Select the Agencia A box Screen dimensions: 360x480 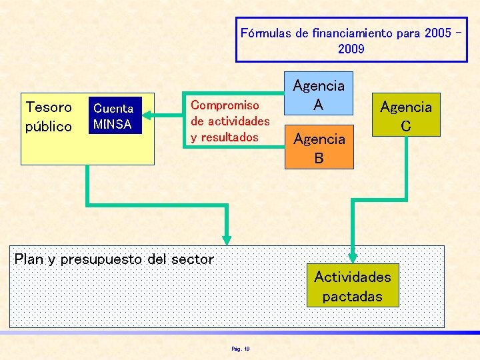point(319,94)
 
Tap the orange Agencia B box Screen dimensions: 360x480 point(319,147)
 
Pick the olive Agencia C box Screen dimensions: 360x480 point(405,115)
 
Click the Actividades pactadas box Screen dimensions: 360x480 point(352,286)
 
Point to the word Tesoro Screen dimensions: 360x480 point(49,107)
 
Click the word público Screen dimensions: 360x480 point(49,126)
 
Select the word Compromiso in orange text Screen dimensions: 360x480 point(225,105)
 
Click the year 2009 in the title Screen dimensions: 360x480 point(351,49)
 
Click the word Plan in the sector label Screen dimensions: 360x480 point(29,259)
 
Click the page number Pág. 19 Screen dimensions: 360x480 point(240,348)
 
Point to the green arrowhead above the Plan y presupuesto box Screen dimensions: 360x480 point(227,239)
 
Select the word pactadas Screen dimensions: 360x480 point(352,296)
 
